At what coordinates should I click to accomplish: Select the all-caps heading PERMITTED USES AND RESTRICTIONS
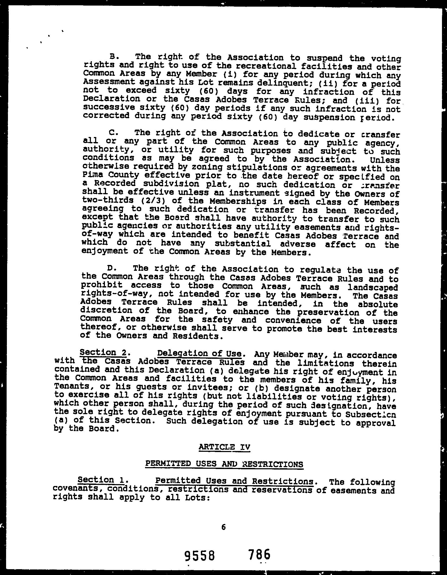pos(224,464)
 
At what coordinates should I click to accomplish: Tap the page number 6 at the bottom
pos(223,527)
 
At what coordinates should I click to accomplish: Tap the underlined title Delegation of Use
pos(199,353)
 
